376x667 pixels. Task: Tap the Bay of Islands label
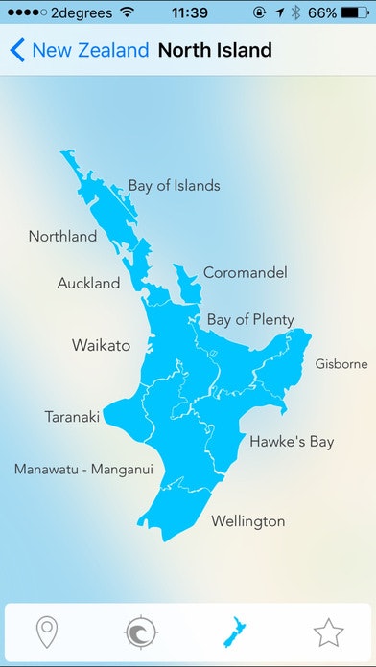[x=174, y=185]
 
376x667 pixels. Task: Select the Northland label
[x=62, y=236]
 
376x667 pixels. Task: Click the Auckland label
[x=88, y=283]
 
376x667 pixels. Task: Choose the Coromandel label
[x=245, y=273]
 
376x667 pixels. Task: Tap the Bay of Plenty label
[x=250, y=319]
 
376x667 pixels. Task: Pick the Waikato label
[x=101, y=345]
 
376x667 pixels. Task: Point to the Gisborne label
[x=341, y=364]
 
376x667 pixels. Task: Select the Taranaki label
[x=72, y=417]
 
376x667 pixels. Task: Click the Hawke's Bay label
[x=292, y=442]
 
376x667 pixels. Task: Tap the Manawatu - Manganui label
[x=83, y=470]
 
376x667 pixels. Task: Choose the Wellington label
[x=247, y=521]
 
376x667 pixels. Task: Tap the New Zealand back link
[x=90, y=50]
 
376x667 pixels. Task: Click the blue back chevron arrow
[x=17, y=50]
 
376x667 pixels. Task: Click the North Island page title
[x=215, y=50]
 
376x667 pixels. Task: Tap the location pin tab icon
[x=46, y=632]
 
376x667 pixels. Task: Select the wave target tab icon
[x=141, y=632]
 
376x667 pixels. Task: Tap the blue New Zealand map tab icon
[x=234, y=632]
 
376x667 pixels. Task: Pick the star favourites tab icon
[x=328, y=632]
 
